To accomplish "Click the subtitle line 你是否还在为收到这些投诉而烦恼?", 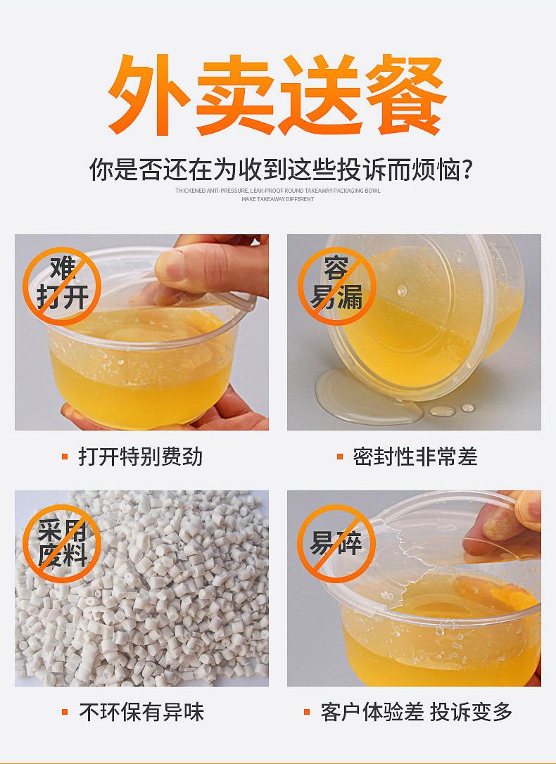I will point(279,171).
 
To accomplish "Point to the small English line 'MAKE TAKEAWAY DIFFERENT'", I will point(278,199).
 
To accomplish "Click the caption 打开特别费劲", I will point(141,457).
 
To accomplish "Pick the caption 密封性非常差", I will point(415,457).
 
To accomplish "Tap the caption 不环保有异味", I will point(141,712).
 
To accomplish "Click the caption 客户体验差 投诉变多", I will point(416,712).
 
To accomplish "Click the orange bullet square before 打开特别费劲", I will point(65,457).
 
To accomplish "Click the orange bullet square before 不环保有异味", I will point(65,713).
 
